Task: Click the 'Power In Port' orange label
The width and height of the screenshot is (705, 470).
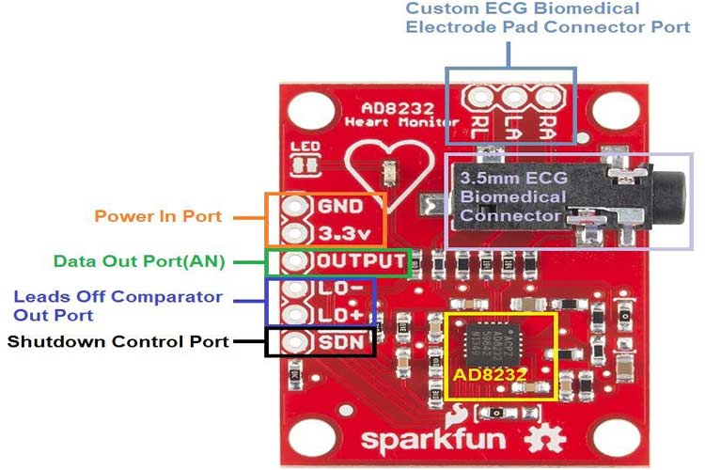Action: (158, 216)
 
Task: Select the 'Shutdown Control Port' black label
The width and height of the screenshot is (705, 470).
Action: (118, 341)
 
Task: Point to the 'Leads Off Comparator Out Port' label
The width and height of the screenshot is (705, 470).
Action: (118, 305)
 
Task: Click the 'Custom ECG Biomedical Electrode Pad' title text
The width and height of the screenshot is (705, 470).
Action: (548, 17)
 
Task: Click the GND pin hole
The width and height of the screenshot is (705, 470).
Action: (297, 206)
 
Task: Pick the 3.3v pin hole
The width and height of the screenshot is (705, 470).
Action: (297, 232)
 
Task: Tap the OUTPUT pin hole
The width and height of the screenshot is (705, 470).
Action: (297, 261)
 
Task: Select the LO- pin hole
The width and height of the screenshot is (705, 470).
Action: (297, 289)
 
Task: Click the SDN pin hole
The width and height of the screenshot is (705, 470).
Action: (297, 342)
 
